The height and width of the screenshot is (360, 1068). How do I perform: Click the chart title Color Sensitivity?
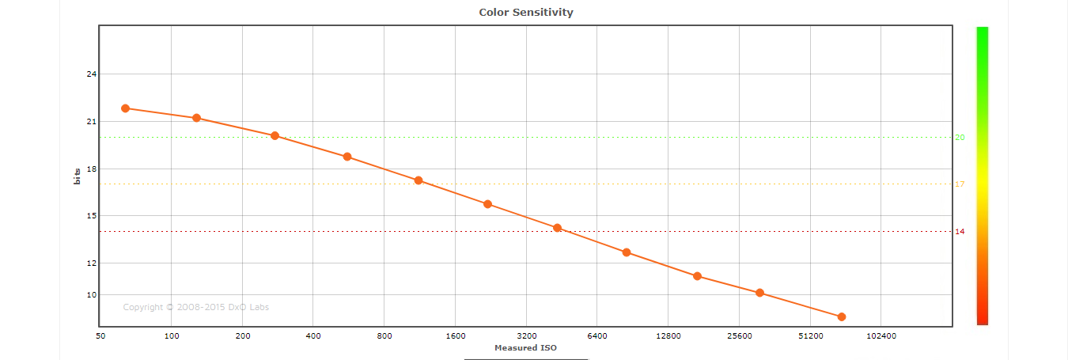point(526,12)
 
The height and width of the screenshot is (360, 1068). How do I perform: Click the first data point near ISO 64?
point(125,108)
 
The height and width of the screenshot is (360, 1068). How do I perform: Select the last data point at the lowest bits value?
point(842,316)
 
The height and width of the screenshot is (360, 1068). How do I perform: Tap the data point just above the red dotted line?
point(557,228)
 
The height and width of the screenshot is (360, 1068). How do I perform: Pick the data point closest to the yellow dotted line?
point(418,180)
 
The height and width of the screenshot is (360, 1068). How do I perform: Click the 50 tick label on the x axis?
point(100,336)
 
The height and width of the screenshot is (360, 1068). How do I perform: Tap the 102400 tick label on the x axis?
point(881,336)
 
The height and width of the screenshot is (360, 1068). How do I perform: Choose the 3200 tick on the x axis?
point(526,336)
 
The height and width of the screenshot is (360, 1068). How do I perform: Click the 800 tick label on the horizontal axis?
point(384,336)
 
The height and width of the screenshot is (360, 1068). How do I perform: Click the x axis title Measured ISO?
point(525,347)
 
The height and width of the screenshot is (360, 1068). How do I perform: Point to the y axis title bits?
point(77,176)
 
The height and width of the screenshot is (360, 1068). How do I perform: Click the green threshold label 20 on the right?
point(960,138)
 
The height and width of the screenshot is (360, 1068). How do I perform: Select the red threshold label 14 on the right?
point(960,232)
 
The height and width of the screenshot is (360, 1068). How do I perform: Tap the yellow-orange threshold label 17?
point(960,184)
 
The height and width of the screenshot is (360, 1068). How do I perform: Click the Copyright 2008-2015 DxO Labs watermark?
point(195,307)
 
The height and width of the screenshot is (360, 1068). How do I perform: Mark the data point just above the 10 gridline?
point(759,293)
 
